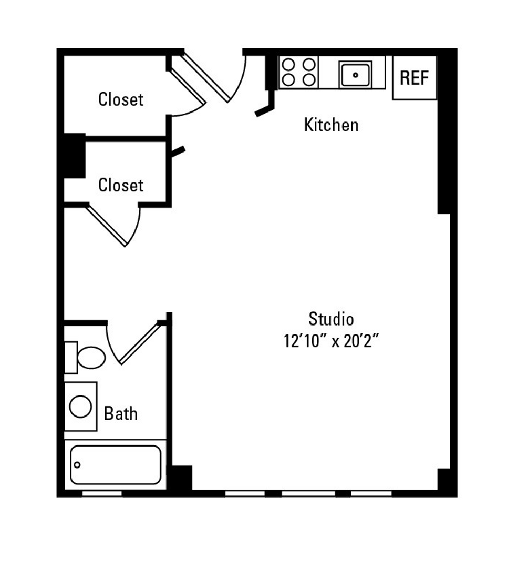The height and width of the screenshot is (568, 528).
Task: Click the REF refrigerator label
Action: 414,78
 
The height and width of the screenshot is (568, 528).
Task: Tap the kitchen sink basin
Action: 355,75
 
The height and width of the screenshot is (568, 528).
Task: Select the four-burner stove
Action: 298,72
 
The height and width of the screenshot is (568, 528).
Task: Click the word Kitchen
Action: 331,125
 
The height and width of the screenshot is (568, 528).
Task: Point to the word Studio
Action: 331,319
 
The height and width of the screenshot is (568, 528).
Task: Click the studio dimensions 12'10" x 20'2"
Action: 331,341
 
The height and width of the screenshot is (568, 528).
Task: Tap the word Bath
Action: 120,414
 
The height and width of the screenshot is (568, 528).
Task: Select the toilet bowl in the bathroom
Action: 91,358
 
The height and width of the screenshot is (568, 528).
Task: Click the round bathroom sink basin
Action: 80,407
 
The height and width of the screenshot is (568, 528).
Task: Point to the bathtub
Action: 116,465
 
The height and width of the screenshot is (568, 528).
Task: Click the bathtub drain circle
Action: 77,465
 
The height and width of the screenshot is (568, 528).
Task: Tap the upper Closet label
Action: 121,99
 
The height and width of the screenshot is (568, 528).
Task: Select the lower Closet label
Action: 121,185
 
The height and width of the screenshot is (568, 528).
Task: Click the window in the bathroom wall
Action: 102,493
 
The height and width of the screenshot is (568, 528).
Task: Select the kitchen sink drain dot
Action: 355,75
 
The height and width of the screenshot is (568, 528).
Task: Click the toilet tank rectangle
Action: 71,358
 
